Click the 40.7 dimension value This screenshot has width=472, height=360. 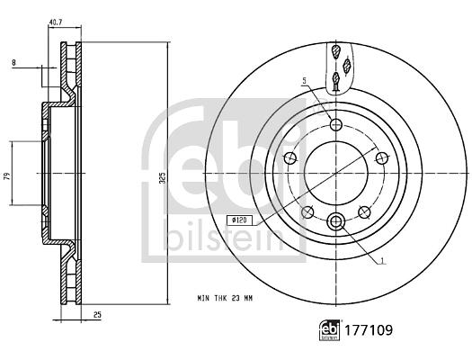tap(56, 22)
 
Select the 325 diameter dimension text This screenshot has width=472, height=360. tap(162, 177)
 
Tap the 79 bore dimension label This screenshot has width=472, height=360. tap(8, 175)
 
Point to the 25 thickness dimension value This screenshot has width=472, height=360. tap(97, 315)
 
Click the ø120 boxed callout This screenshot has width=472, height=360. tap(239, 220)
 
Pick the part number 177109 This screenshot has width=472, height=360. tap(369, 330)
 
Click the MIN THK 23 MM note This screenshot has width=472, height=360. tap(225, 299)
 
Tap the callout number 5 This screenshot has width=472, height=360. tap(305, 80)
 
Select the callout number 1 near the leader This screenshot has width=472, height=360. tap(382, 261)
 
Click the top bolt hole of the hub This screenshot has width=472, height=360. tap(336, 124)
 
